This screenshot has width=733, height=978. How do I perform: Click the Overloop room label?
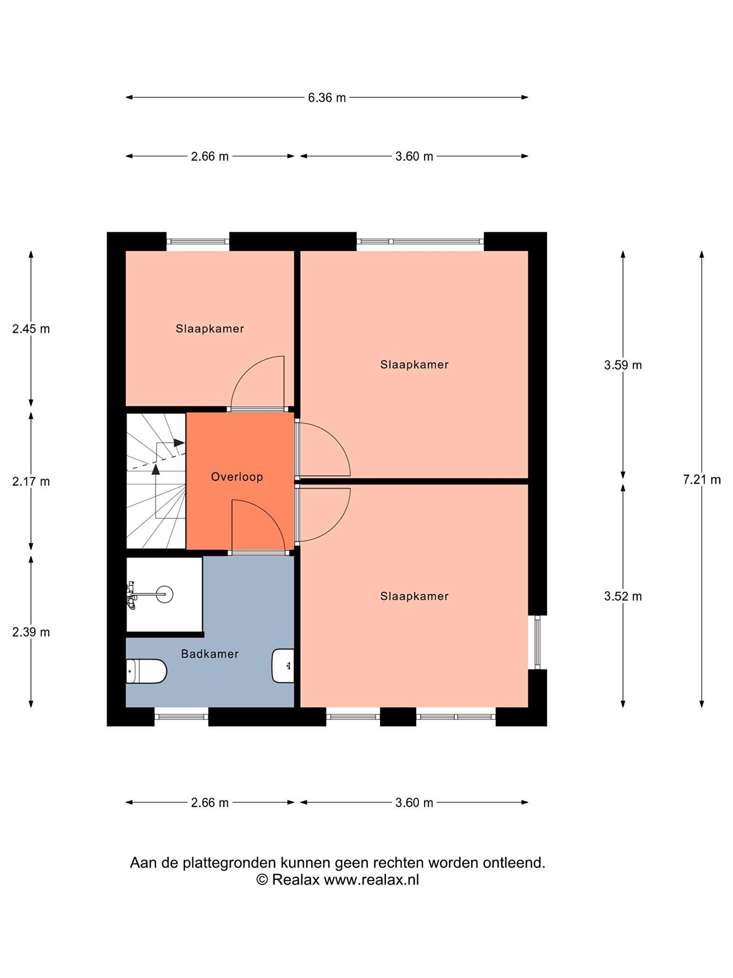(237, 477)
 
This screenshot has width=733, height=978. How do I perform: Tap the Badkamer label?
(210, 654)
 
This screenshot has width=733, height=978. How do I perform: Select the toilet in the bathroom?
(146, 671)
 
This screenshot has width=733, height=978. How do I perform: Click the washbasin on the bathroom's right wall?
(283, 666)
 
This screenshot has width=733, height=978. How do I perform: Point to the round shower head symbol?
(165, 594)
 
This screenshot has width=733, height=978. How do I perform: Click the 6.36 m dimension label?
(327, 97)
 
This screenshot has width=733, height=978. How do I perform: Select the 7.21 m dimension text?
(702, 479)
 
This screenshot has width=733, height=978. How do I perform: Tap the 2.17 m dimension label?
(31, 481)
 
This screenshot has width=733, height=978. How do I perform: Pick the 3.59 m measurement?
(623, 365)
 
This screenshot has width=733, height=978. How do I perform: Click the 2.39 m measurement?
(31, 632)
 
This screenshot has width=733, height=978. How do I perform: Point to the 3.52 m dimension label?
(623, 596)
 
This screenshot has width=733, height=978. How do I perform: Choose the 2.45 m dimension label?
(31, 329)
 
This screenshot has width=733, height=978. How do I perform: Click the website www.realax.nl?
(371, 880)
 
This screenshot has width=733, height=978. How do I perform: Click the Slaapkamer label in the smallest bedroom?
(210, 329)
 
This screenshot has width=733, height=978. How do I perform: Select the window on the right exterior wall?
(537, 642)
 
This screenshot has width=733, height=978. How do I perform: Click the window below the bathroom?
(181, 716)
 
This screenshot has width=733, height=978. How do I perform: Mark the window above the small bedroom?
(198, 242)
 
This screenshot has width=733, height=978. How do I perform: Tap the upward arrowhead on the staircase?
(156, 469)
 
